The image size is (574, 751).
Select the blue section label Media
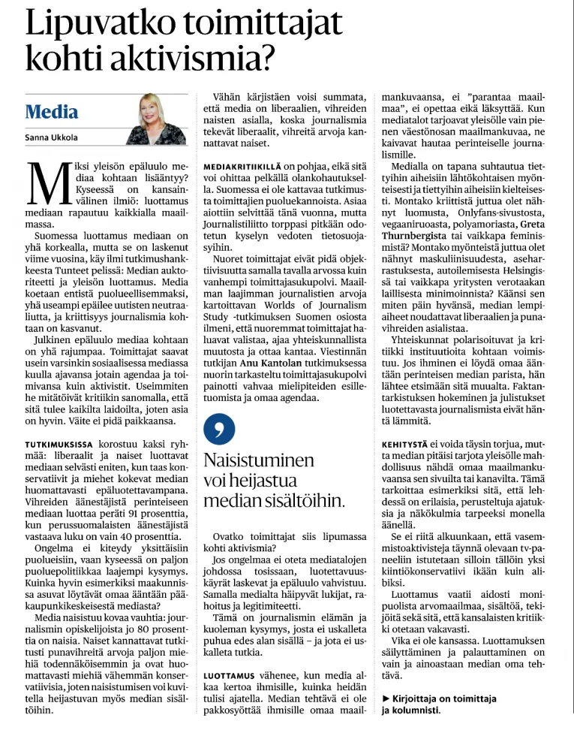(51, 113)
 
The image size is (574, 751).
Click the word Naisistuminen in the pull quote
(254, 460)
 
